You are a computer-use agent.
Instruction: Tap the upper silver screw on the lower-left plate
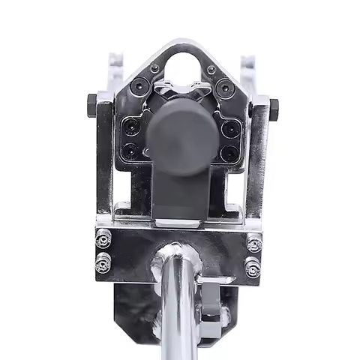click(x=103, y=239)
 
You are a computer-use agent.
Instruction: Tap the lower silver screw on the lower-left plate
click(x=103, y=263)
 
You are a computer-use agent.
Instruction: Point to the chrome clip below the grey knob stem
click(x=180, y=223)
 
